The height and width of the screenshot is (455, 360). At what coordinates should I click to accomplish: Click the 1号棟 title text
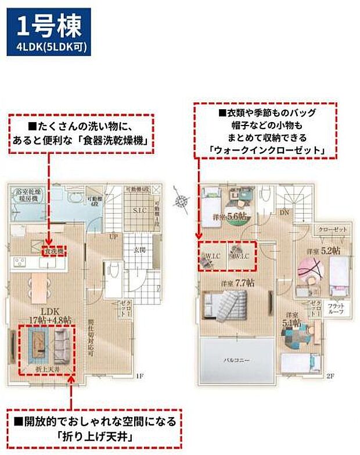coord(49,26)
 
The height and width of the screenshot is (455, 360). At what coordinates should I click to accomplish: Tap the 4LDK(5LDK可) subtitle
coord(49,48)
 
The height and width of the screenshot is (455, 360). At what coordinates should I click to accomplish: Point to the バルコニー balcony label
coord(236,360)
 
